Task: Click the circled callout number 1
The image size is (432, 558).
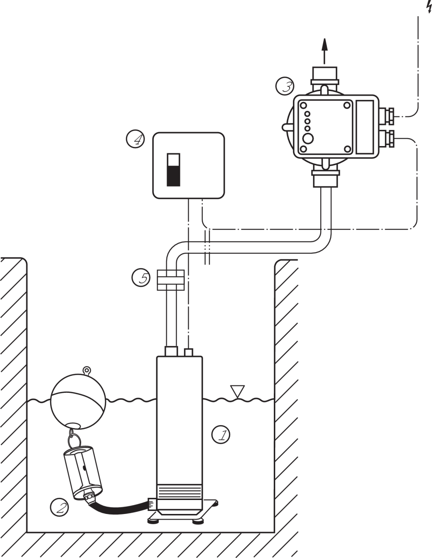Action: [x=221, y=435]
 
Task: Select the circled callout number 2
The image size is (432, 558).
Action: [x=59, y=506]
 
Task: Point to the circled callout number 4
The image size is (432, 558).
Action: [x=135, y=139]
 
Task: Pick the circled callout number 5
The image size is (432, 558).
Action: [x=141, y=278]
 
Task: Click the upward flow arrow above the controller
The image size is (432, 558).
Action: [x=324, y=49]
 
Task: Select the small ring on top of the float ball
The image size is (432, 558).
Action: [x=87, y=371]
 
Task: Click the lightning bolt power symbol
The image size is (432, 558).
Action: [x=428, y=6]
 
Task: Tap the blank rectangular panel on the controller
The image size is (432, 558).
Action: [x=365, y=127]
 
